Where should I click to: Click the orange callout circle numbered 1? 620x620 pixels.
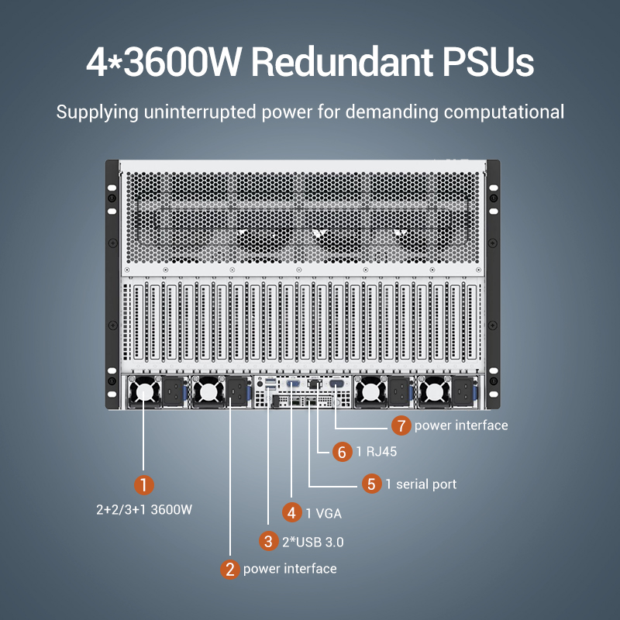[143, 485]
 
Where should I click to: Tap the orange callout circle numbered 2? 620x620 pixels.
[229, 570]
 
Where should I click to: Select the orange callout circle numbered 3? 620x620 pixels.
[268, 541]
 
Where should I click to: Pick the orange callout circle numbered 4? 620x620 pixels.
[292, 512]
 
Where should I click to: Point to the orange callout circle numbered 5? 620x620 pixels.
[372, 484]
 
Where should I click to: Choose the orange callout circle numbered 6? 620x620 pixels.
[342, 452]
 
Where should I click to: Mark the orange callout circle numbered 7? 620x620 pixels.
[401, 425]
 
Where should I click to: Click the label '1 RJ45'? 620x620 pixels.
[377, 452]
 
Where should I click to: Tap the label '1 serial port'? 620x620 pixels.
[421, 484]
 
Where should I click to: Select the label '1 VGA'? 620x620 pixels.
[324, 513]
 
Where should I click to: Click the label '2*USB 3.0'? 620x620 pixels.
[313, 542]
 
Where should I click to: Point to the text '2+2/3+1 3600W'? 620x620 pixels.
[144, 509]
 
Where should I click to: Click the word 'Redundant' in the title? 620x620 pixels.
[343, 62]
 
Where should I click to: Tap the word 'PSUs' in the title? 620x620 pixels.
[488, 62]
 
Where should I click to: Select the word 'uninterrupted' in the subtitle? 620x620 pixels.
[200, 112]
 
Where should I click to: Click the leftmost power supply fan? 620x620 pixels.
[145, 391]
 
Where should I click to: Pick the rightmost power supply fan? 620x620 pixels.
[434, 391]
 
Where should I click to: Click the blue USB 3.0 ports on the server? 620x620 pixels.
[270, 384]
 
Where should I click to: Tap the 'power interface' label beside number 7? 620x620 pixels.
[461, 425]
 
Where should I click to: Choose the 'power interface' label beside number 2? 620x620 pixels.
[290, 569]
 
